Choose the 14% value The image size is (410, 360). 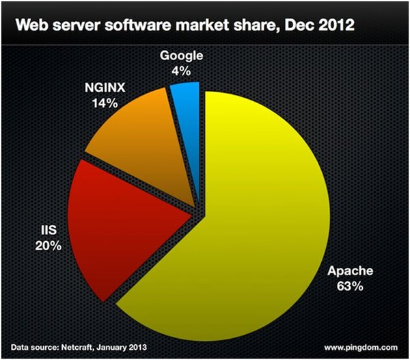click(x=106, y=104)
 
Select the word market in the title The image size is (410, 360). click(x=202, y=26)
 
